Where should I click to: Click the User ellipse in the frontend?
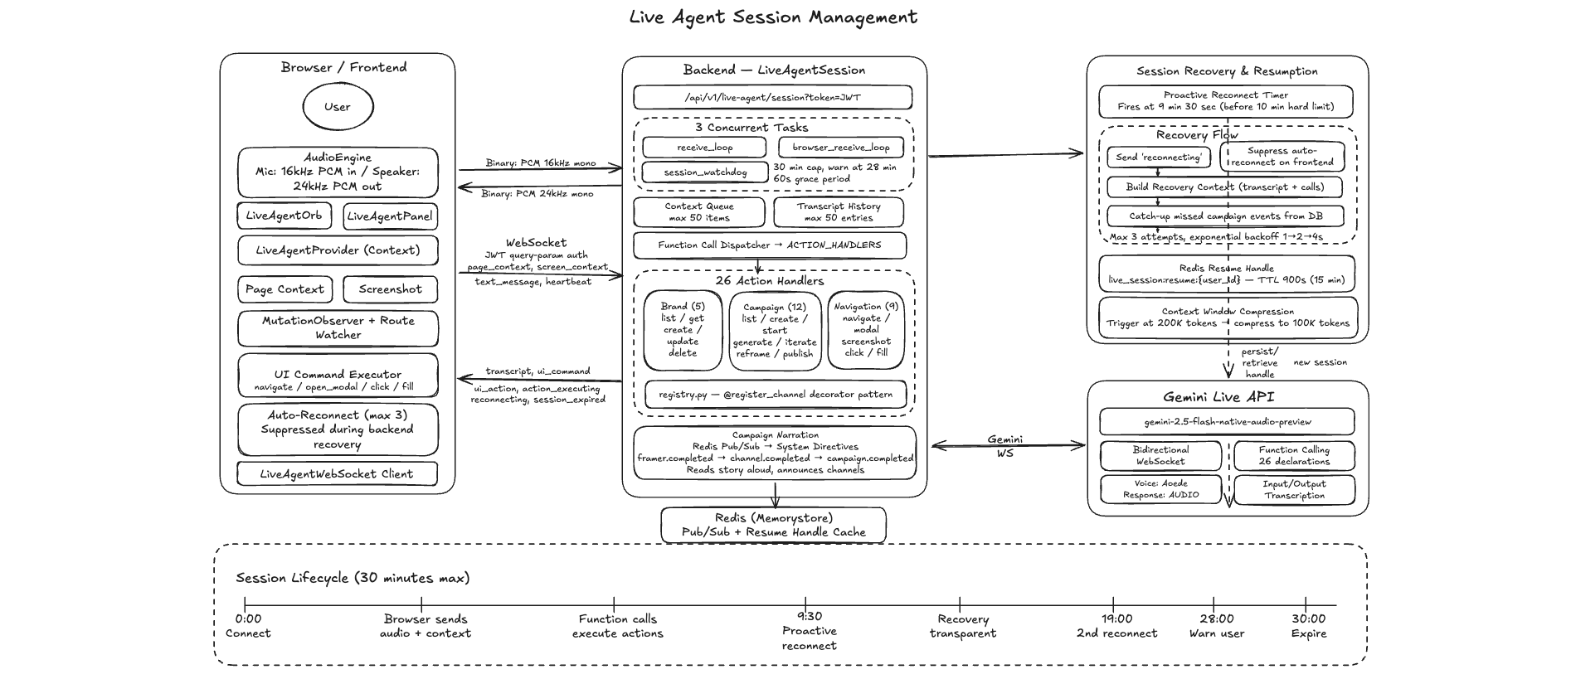pyautogui.click(x=338, y=107)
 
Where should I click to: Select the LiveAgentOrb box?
pyautogui.click(x=284, y=216)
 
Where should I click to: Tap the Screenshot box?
pyautogui.click(x=390, y=289)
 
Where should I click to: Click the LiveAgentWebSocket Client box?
pyautogui.click(x=337, y=474)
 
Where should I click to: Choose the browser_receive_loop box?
pyautogui.click(x=840, y=148)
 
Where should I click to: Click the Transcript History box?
pyautogui.click(x=838, y=212)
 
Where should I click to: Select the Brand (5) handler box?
pyautogui.click(x=683, y=329)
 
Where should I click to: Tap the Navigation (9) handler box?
pyautogui.click(x=866, y=329)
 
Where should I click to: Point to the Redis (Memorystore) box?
pyautogui.click(x=773, y=525)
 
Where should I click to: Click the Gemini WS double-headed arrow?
pyautogui.click(x=1007, y=446)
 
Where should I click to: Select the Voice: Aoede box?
pyautogui.click(x=1160, y=489)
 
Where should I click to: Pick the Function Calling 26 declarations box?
pyautogui.click(x=1293, y=456)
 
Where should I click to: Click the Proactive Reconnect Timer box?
pyautogui.click(x=1225, y=101)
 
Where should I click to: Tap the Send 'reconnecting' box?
pyautogui.click(x=1158, y=158)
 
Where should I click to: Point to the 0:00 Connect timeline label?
pyautogui.click(x=248, y=626)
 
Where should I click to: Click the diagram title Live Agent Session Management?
pyautogui.click(x=773, y=17)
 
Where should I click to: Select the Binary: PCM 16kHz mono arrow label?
pyautogui.click(x=540, y=163)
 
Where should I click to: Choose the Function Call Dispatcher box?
pyautogui.click(x=769, y=245)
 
